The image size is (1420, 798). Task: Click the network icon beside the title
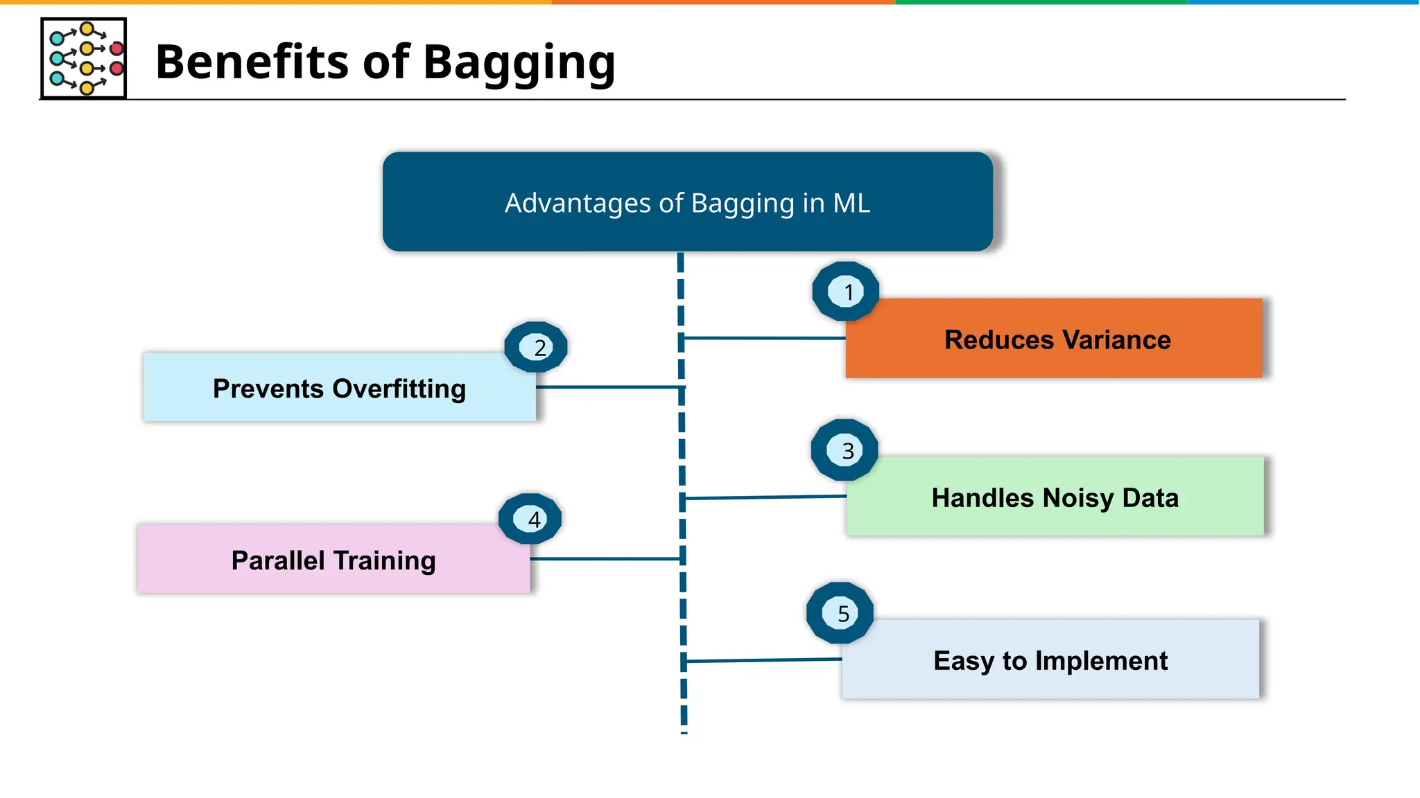click(84, 59)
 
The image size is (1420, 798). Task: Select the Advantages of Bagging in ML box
click(687, 202)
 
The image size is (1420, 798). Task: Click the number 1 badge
click(846, 292)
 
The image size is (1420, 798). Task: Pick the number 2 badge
click(536, 347)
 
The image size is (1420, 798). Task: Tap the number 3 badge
click(845, 450)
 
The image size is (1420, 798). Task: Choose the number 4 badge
click(530, 519)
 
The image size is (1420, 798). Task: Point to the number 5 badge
click(840, 613)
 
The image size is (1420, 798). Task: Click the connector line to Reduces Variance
click(763, 338)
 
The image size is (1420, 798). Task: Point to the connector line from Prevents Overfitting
click(610, 387)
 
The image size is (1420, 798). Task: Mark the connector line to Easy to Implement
click(763, 660)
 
